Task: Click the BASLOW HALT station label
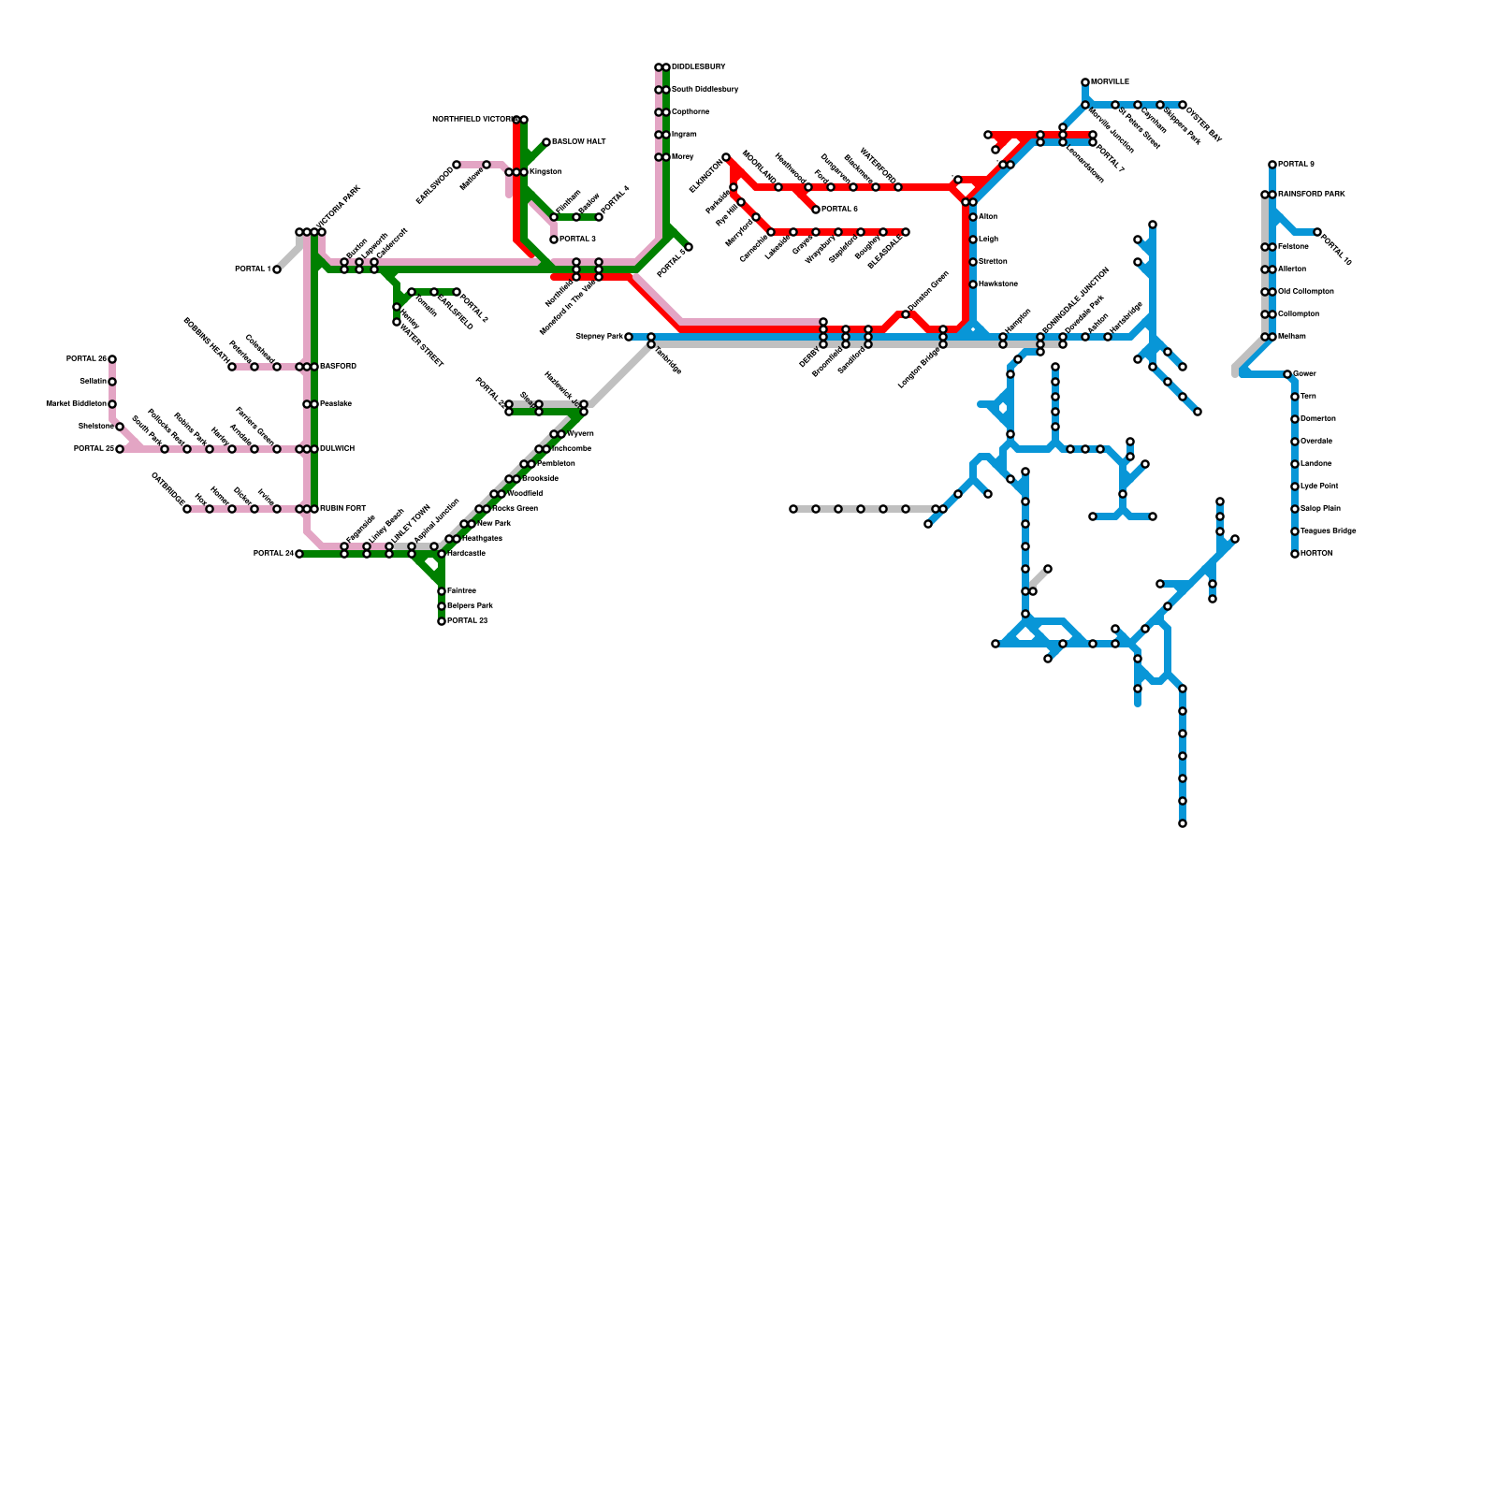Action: [x=578, y=142]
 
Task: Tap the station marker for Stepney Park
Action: [x=629, y=337]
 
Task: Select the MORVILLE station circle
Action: [x=1085, y=82]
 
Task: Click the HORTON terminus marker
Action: [x=1295, y=554]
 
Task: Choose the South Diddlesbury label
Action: [x=705, y=90]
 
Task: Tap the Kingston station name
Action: [x=545, y=172]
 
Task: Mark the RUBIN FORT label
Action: [x=342, y=509]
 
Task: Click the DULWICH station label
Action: [x=337, y=449]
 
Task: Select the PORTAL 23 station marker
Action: [x=442, y=621]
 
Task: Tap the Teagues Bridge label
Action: [x=1328, y=531]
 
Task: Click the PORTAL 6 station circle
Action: [x=816, y=210]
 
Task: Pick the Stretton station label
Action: [x=993, y=262]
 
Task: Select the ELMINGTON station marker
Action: [x=726, y=157]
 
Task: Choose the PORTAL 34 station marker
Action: [x=299, y=554]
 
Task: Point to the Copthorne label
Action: [x=690, y=112]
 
